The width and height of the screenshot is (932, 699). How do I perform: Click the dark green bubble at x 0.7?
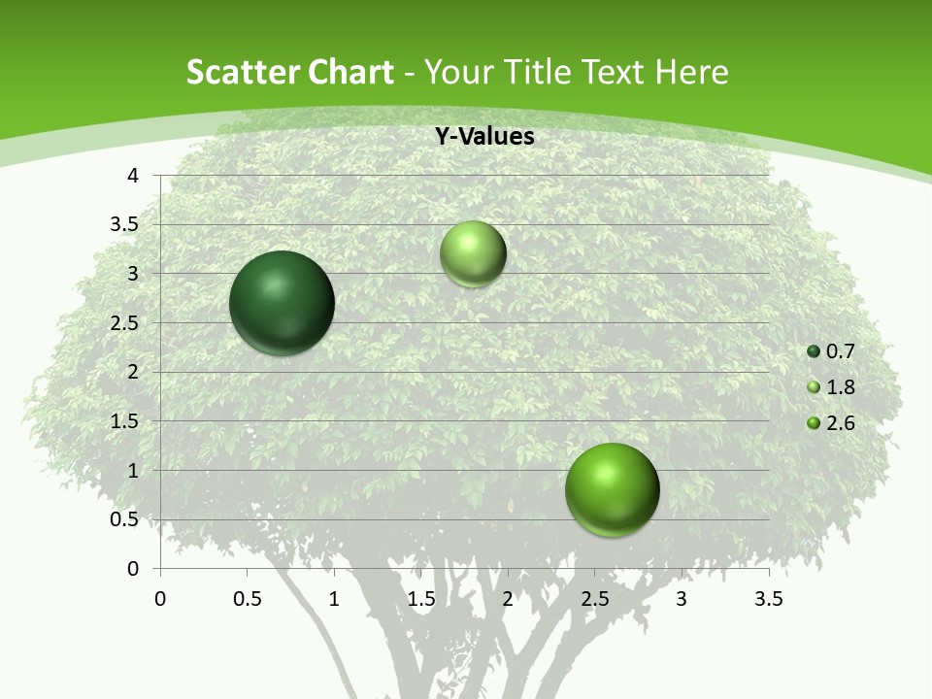[283, 303]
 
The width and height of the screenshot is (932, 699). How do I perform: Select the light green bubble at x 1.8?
[473, 254]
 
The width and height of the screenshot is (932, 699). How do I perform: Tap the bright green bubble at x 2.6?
[612, 489]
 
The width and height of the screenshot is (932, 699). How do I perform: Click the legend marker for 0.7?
[814, 351]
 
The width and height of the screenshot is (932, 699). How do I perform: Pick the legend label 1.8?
[841, 387]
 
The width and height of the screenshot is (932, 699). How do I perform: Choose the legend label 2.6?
[841, 423]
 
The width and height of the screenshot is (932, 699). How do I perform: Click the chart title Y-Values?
[484, 137]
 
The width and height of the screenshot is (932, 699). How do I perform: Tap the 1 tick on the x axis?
[334, 599]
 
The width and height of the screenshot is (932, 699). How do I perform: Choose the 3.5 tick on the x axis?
[768, 599]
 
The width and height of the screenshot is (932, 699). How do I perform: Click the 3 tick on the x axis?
[682, 599]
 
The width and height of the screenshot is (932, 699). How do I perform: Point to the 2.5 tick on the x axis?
[594, 599]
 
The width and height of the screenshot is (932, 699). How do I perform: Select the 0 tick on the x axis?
[160, 599]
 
